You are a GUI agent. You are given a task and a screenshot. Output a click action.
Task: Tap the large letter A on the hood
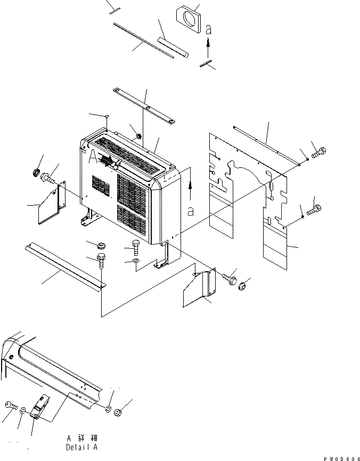(x=94, y=156)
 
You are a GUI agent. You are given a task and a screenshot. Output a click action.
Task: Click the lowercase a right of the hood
(x=190, y=211)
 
